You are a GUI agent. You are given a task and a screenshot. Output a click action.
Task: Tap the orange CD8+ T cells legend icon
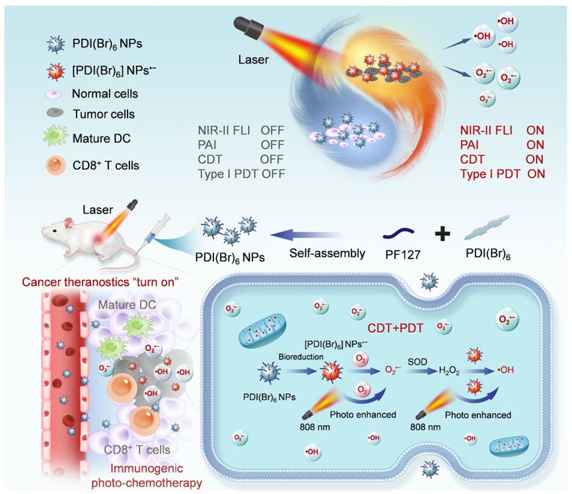pyautogui.click(x=55, y=164)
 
